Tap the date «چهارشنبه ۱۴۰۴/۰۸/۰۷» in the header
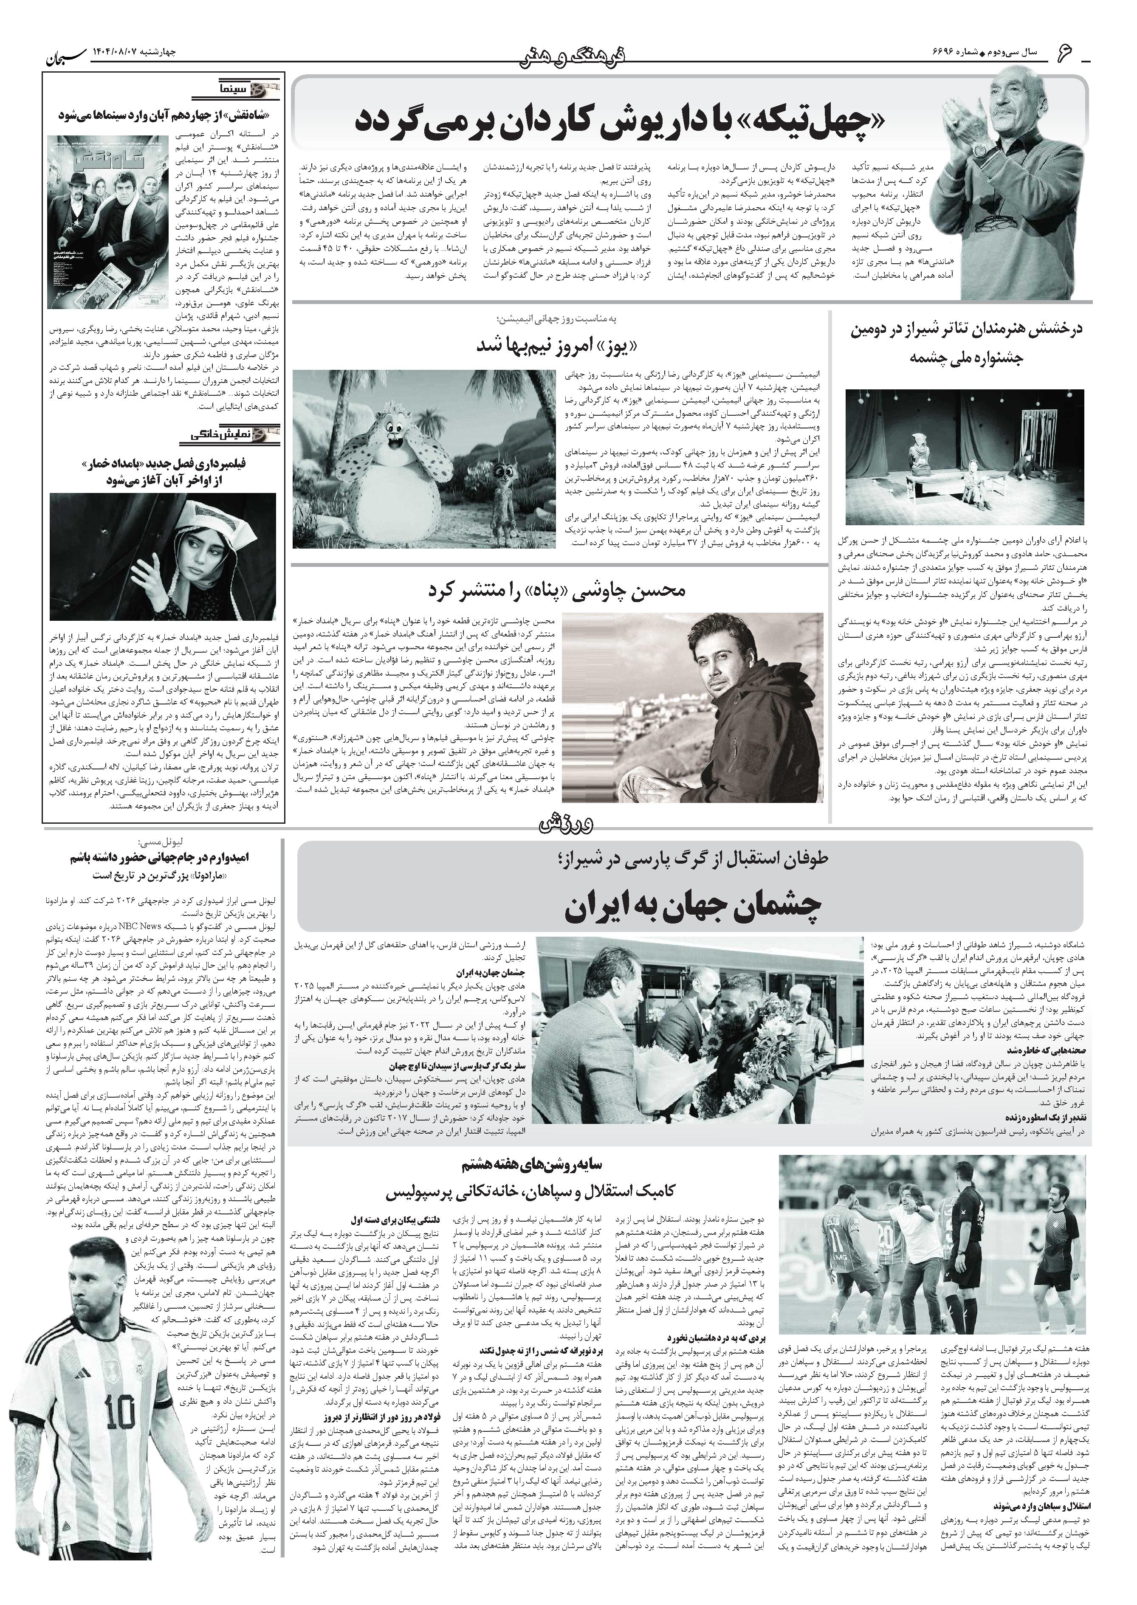(x=137, y=53)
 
